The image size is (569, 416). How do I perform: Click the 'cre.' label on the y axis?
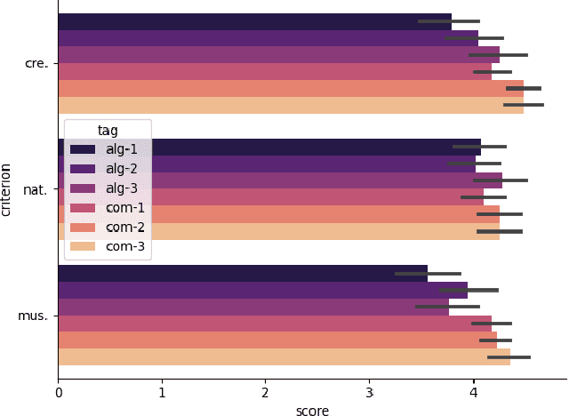[x=37, y=64]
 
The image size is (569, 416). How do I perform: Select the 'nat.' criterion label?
[x=37, y=189]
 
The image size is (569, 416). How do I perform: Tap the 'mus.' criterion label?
[x=36, y=316]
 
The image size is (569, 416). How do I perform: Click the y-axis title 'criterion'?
[x=7, y=189]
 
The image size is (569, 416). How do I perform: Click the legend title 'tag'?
[x=108, y=131]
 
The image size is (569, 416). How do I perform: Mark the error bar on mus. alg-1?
[x=428, y=274]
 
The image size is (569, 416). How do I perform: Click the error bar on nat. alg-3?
[x=500, y=180]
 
